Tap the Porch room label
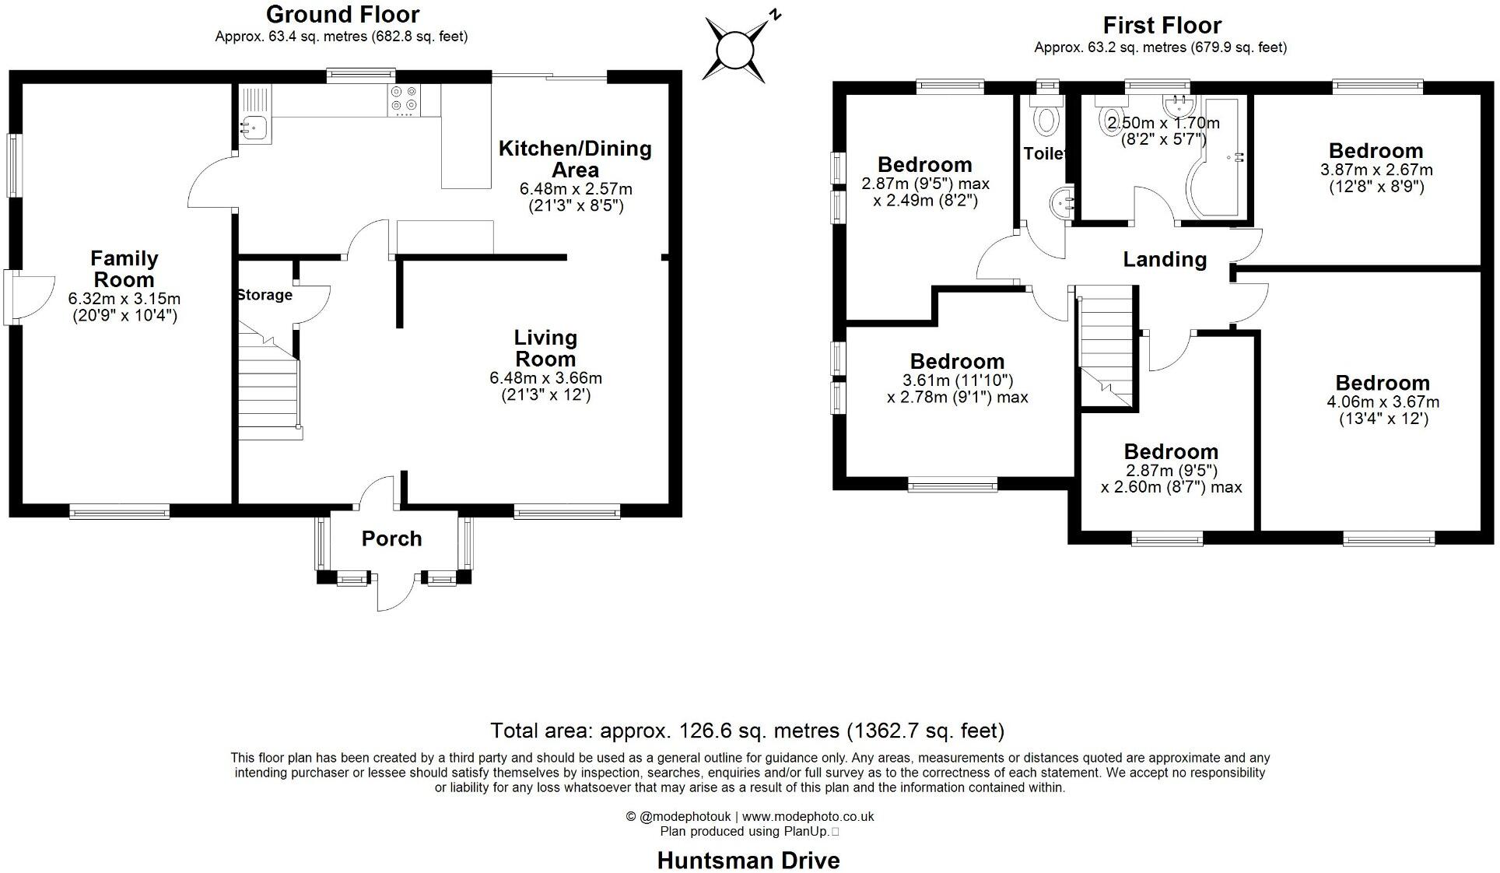(x=391, y=538)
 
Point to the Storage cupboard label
(x=265, y=295)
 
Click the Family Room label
(x=124, y=269)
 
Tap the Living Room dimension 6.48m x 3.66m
(x=545, y=378)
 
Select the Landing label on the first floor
(x=1165, y=259)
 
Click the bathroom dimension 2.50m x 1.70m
(x=1163, y=123)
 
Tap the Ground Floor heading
(x=342, y=14)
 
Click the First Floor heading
(x=1162, y=25)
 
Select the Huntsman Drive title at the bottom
(x=748, y=861)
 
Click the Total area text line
(x=747, y=731)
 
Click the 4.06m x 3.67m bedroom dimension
(x=1383, y=402)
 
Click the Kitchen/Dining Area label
(x=575, y=159)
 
